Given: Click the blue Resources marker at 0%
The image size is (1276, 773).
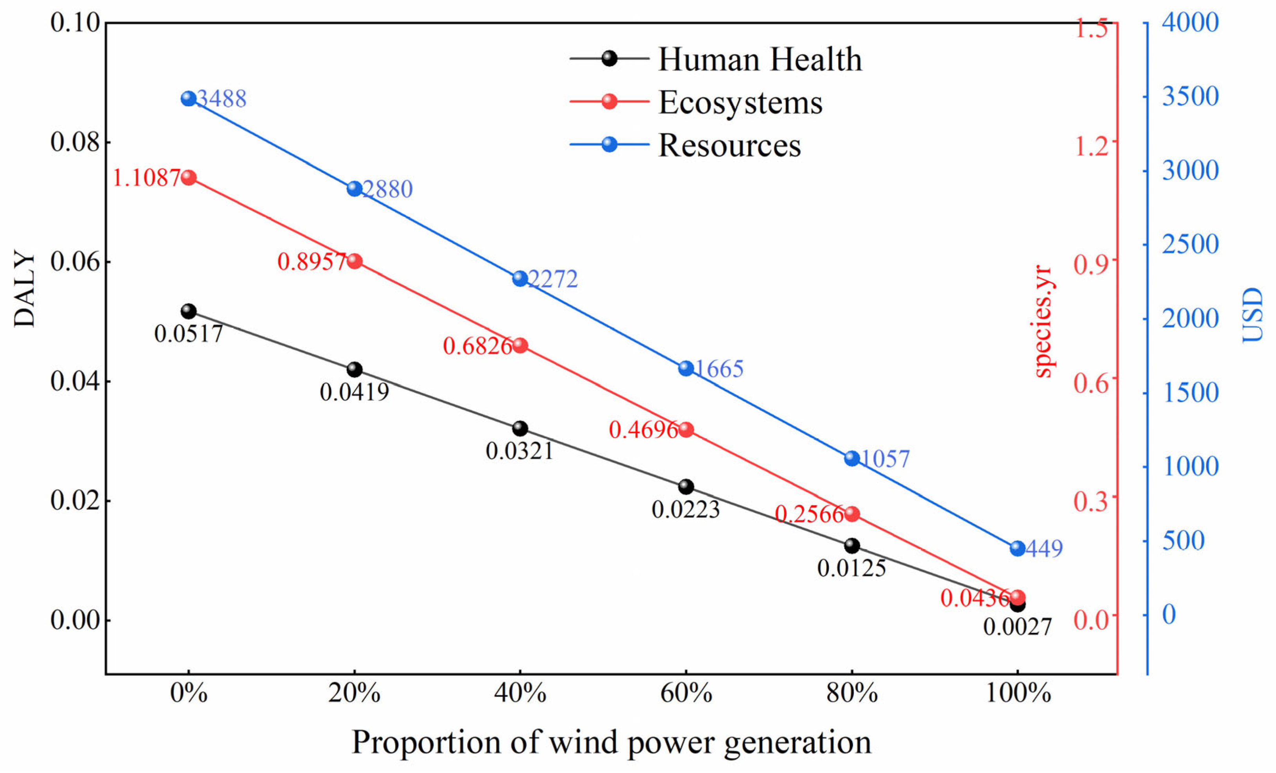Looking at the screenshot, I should [188, 99].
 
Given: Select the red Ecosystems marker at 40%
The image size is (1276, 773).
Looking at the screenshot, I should [520, 345].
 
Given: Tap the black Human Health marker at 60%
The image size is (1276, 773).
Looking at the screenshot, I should [686, 487].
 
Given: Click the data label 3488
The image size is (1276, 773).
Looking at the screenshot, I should [222, 99].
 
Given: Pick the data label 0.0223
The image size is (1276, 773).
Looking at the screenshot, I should [686, 510].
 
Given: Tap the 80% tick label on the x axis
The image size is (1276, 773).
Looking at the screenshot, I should [852, 693].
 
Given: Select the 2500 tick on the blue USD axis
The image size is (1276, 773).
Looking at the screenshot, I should [1190, 244].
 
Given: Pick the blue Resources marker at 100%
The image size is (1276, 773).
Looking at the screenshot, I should [1018, 548].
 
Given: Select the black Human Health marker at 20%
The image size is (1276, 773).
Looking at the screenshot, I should [354, 369].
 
